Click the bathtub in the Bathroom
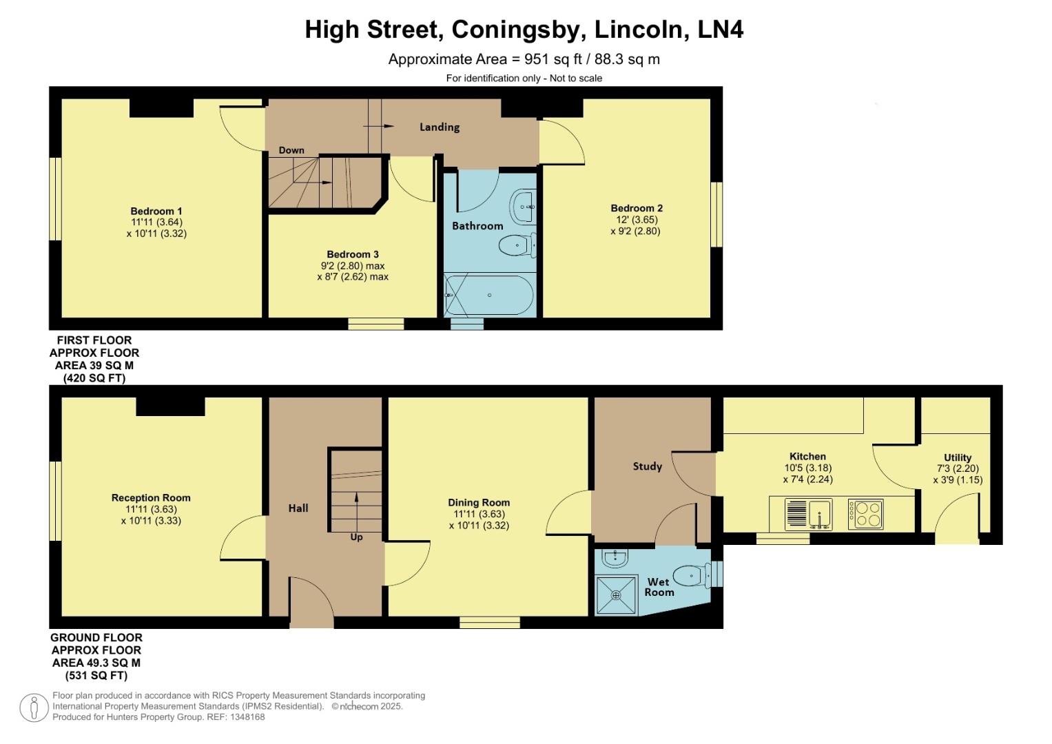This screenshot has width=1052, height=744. pyautogui.click(x=489, y=296)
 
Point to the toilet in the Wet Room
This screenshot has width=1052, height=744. pyautogui.click(x=690, y=575)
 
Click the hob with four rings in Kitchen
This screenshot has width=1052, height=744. pyautogui.click(x=866, y=514)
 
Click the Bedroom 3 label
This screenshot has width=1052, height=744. pyautogui.click(x=353, y=254)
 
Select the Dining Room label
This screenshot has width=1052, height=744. pyautogui.click(x=479, y=502)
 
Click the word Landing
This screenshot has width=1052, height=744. pyautogui.click(x=440, y=127)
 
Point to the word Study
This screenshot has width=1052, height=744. pyautogui.click(x=647, y=466)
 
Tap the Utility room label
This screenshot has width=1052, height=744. pyautogui.click(x=958, y=457)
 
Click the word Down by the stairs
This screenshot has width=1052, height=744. pyautogui.click(x=291, y=150)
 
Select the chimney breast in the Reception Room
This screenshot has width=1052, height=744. pyautogui.click(x=170, y=406)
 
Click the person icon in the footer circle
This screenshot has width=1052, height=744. pyautogui.click(x=34, y=707)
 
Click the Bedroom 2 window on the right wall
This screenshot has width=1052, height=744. pyautogui.click(x=716, y=214)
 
